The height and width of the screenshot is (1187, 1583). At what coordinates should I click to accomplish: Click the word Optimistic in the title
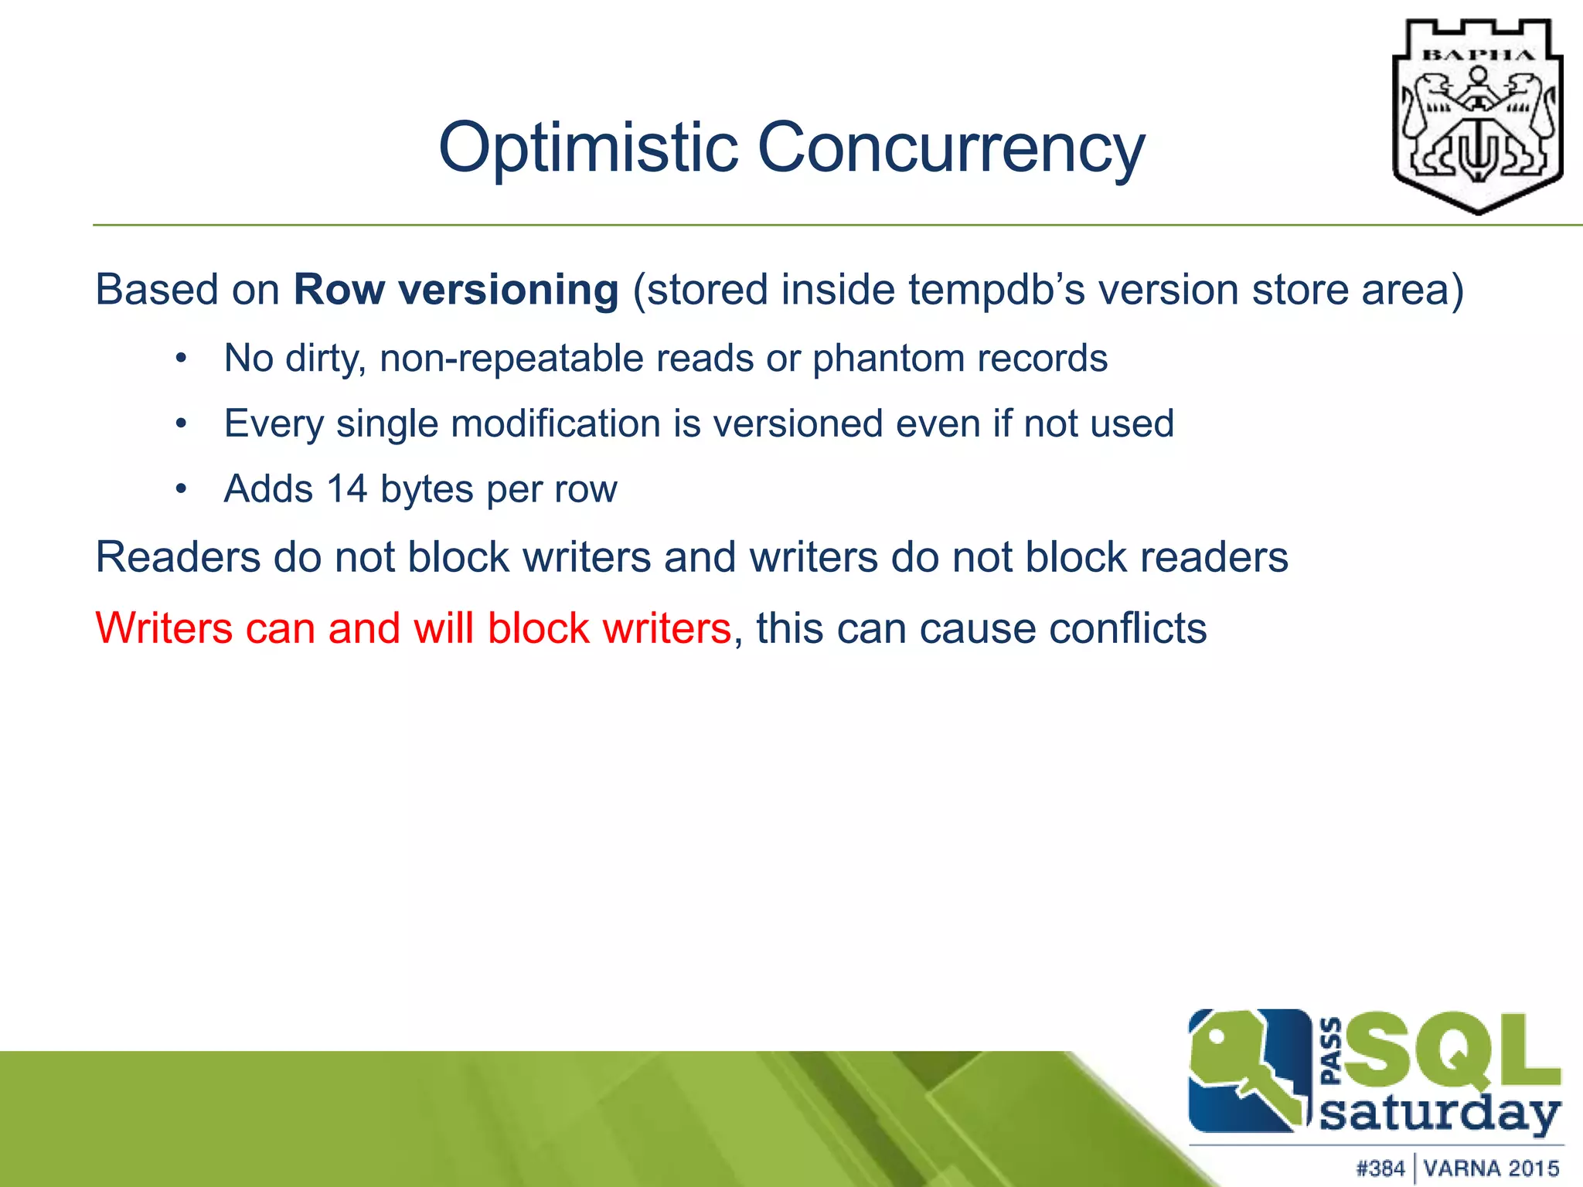point(588,148)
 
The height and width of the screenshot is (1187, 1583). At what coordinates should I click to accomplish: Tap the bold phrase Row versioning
point(456,290)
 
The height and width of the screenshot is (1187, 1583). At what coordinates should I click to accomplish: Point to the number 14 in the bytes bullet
point(346,489)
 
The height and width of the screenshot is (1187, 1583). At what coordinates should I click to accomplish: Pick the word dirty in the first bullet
point(325,359)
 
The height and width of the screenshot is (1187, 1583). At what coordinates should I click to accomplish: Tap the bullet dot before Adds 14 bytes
point(181,489)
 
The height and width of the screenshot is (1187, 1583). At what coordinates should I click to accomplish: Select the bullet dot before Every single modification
point(181,423)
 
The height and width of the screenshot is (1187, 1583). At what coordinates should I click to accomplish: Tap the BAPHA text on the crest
point(1479,55)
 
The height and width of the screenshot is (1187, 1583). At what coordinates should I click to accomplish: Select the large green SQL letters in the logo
point(1453,1051)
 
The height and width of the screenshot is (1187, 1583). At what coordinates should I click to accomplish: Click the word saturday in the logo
point(1439,1114)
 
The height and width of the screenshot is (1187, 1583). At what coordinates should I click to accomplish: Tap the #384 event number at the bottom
point(1380,1168)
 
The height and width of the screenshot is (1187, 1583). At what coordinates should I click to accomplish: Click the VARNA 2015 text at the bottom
point(1491,1168)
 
